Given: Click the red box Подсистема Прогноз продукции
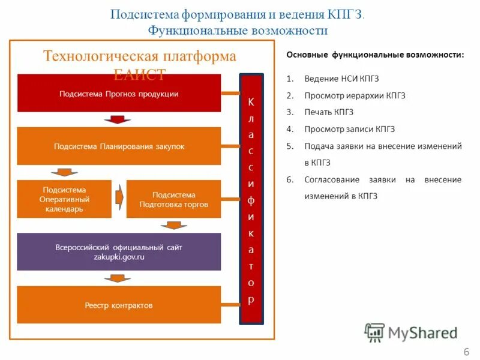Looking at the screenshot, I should click(119, 93).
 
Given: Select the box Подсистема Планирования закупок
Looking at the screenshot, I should click(119, 146).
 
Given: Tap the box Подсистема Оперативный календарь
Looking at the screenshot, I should click(64, 199).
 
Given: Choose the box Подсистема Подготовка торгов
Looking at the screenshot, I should click(174, 199).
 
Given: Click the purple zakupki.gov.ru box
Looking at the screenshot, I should click(119, 251).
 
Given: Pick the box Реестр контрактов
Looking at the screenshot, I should click(119, 305).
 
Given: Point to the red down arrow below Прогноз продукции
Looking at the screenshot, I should click(117, 119).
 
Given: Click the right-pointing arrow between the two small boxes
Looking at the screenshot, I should click(119, 194).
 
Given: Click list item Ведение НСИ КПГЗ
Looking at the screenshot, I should click(341, 79).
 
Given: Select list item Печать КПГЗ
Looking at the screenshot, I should click(329, 112).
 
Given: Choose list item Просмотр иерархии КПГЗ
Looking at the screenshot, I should click(355, 95).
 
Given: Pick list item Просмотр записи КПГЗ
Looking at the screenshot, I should click(349, 129).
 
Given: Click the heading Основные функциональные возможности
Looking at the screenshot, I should click(374, 55).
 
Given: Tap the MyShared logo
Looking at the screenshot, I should click(410, 332).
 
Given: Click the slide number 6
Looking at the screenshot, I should click(466, 351).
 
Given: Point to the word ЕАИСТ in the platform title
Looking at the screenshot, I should click(139, 74).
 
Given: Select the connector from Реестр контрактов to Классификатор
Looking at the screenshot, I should click(230, 304).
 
